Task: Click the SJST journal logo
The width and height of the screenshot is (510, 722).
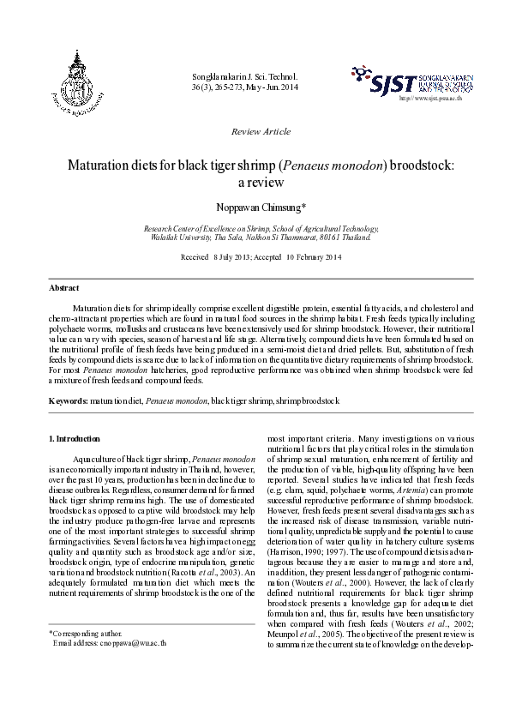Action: pos(411,81)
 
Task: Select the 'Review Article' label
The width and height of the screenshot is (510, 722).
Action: pos(261,131)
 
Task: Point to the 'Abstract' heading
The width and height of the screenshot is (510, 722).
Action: pos(64,288)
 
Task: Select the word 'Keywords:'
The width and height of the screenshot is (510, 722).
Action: pos(69,400)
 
